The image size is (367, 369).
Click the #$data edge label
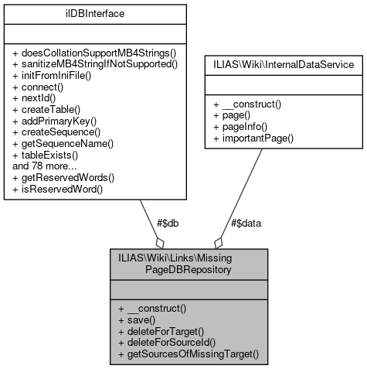click(246, 223)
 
